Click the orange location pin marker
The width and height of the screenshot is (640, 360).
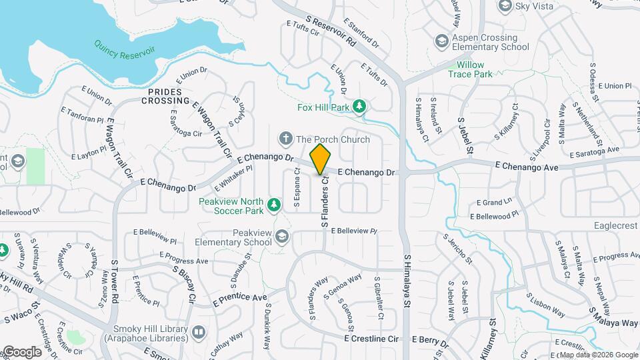point(321,159)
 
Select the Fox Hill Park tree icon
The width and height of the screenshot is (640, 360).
point(359,106)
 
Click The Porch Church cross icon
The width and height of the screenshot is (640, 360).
point(286,139)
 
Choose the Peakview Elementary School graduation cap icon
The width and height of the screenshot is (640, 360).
point(282,237)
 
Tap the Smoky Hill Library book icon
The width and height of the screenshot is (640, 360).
point(199,332)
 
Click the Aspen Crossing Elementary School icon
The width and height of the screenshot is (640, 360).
point(440,42)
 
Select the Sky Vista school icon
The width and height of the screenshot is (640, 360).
point(505,6)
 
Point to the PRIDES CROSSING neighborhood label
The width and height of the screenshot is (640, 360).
point(166,96)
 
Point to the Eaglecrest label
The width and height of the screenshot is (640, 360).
point(615,226)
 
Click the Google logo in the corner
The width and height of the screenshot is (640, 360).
point(21,352)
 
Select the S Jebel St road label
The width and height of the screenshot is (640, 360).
point(465,137)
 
